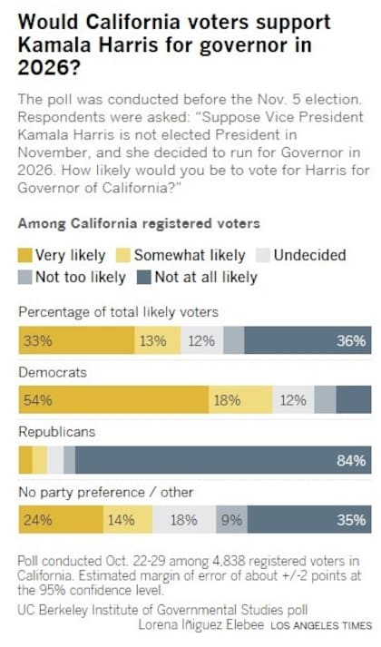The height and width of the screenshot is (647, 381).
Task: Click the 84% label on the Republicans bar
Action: click(x=350, y=461)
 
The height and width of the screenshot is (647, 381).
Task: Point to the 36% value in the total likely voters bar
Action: click(x=350, y=341)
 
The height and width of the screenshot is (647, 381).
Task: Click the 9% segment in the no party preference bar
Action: click(x=230, y=520)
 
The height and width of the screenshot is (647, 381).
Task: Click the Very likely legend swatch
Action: click(x=25, y=255)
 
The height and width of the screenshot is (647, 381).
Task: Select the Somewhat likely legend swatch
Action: click(x=122, y=255)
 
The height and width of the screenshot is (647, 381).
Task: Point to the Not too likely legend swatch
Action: click(x=25, y=277)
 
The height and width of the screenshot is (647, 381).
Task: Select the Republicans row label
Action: click(x=56, y=432)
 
